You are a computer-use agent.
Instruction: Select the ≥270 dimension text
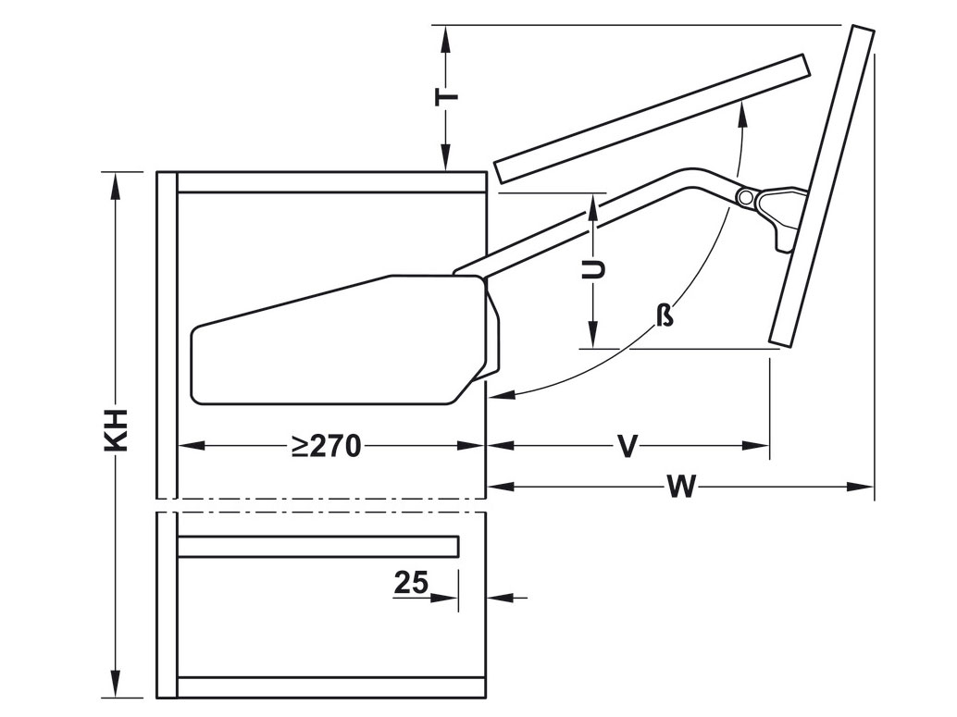325,447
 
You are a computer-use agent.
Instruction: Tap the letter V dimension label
628,448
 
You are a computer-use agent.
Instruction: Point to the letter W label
680,488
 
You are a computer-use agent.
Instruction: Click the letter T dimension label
447,96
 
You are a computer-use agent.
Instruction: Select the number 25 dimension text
411,583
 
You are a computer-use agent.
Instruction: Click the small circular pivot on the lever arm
744,198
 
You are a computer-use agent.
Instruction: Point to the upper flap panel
652,117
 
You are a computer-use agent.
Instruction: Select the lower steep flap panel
822,185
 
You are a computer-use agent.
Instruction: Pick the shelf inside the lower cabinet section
317,547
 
